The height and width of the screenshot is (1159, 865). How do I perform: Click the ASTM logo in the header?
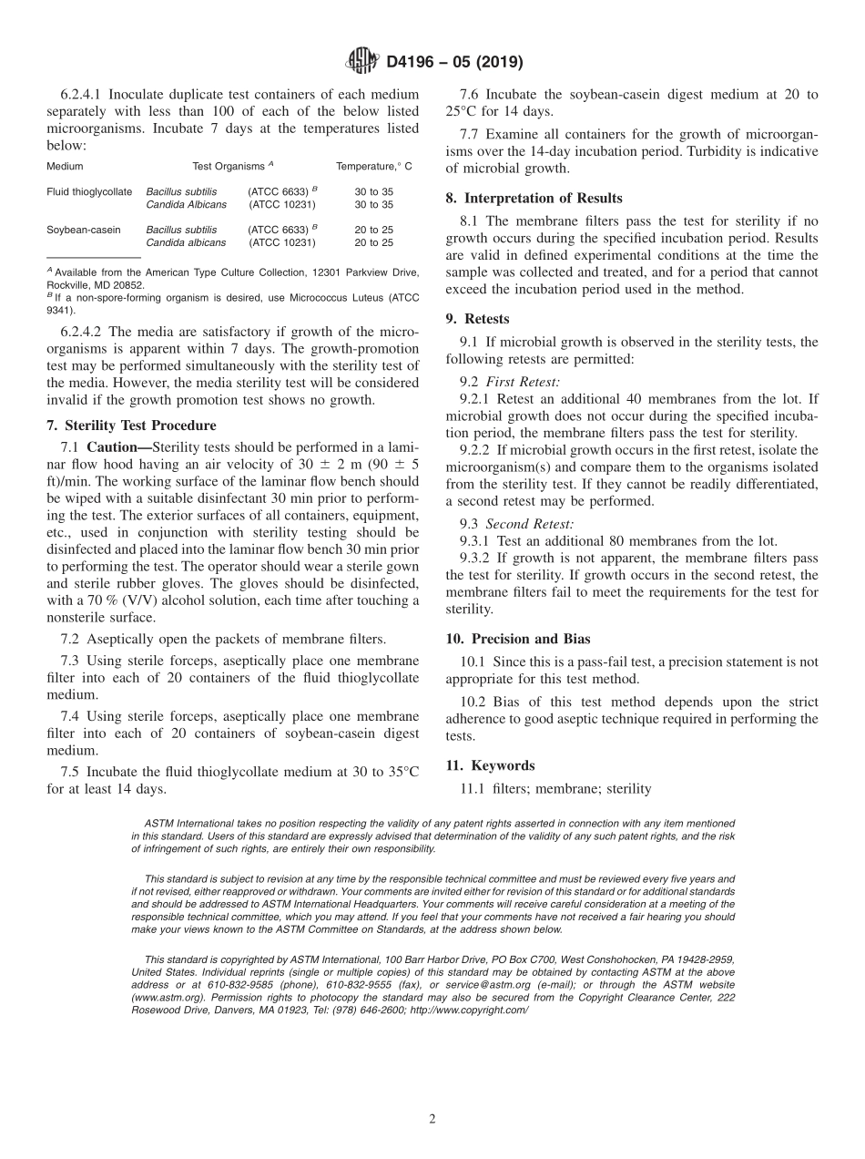[363, 63]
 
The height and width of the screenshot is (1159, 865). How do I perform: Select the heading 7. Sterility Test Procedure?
[131, 426]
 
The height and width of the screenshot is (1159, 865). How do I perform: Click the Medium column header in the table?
[65, 167]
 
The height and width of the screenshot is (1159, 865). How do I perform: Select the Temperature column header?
[374, 167]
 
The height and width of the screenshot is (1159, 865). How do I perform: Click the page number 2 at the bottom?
[432, 1119]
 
